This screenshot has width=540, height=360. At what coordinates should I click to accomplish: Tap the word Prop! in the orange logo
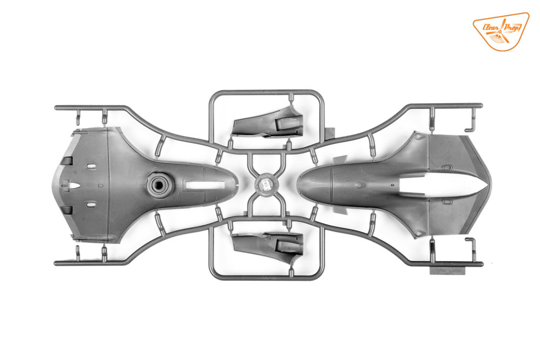point(511,26)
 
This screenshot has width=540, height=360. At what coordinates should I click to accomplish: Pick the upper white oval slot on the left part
point(91,166)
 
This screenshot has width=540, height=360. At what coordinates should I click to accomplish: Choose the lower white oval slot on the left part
point(91,205)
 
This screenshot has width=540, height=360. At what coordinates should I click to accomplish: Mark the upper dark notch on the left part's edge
point(67,160)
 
